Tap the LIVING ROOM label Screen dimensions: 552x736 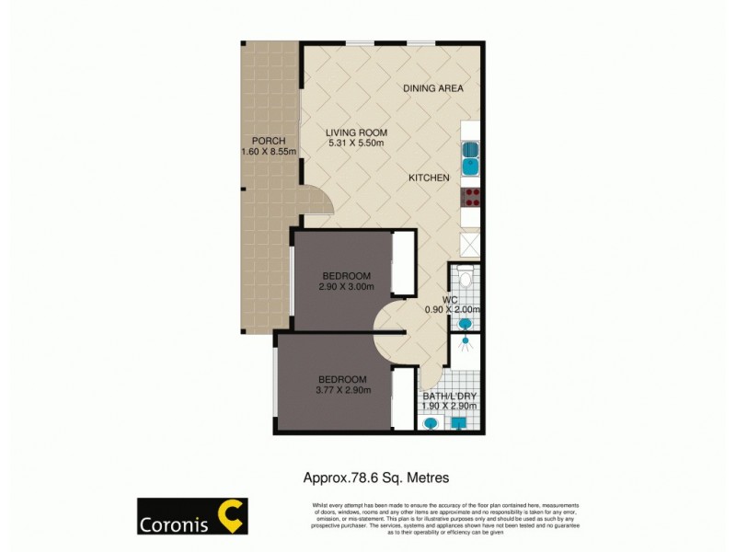[x=356, y=132]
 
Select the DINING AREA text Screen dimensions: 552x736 [x=432, y=88]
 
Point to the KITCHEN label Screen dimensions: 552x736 [x=429, y=178]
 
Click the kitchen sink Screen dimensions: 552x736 [x=469, y=157]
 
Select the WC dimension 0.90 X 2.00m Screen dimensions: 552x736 [x=452, y=310]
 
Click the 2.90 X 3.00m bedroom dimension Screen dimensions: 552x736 [x=347, y=288]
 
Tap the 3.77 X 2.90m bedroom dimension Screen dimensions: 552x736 [x=342, y=390]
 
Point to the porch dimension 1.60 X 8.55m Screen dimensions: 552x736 [x=268, y=152]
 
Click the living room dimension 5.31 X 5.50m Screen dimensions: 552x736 [x=356, y=143]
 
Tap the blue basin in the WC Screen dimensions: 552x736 [x=468, y=321]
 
